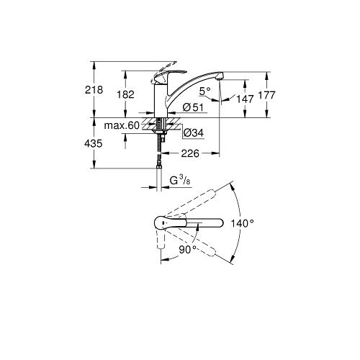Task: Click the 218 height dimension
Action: tap(92, 90)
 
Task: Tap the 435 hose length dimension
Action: tap(92, 144)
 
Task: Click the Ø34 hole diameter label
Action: tap(192, 132)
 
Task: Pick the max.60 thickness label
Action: tap(121, 127)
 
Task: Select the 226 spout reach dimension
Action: tap(190, 152)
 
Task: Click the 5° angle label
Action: tap(204, 91)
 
